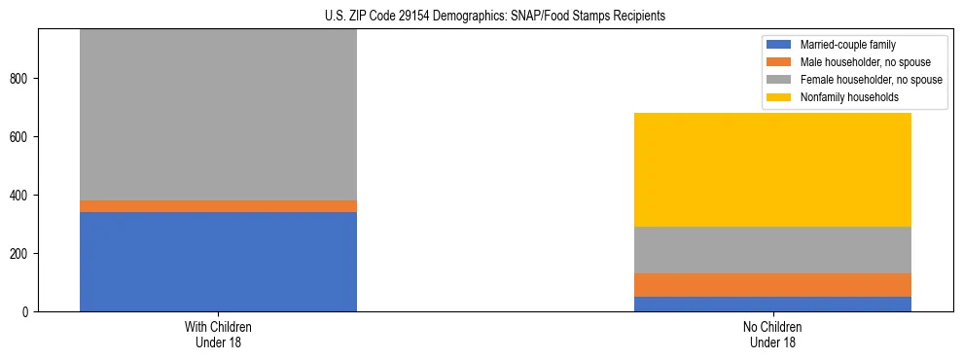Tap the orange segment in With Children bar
[218, 206]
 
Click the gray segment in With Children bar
[218, 115]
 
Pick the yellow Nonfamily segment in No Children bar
[772, 169]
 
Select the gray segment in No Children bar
[772, 250]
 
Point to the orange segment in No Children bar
[772, 284]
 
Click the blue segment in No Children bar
[772, 304]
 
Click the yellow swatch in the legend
[779, 97]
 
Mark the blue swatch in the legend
[779, 45]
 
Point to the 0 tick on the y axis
[29, 312]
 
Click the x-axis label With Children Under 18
[218, 334]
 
